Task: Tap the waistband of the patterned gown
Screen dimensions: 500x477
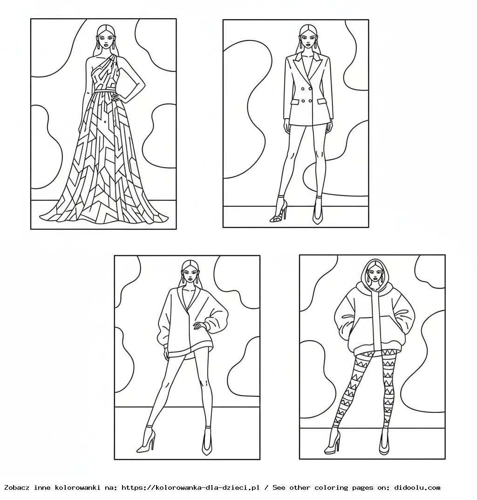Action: pyautogui.click(x=106, y=90)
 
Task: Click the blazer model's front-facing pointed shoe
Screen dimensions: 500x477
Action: pyautogui.click(x=318, y=212)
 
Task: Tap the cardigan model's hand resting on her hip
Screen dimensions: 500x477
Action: pyautogui.click(x=201, y=324)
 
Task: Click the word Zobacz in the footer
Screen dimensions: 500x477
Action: pyautogui.click(x=16, y=487)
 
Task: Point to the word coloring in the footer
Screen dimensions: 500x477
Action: pyautogui.click(x=332, y=487)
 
